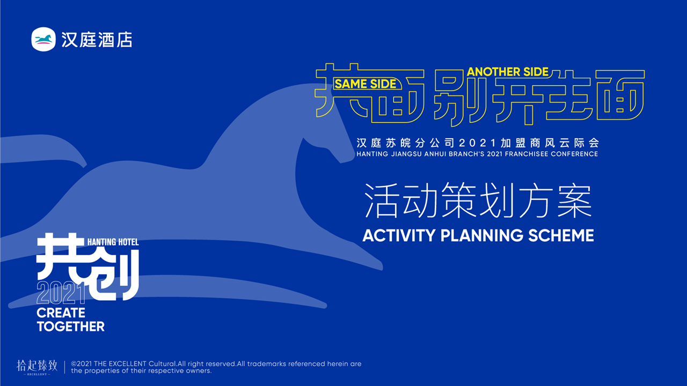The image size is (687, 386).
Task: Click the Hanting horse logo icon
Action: point(43,39)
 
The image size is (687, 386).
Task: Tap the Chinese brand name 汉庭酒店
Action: point(97,40)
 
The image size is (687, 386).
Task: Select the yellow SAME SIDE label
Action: point(366,84)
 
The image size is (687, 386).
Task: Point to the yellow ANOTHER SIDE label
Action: point(508,72)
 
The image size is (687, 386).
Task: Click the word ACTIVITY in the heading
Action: point(399,235)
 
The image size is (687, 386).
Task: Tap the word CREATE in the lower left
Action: point(61,313)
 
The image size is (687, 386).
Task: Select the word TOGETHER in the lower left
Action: point(71,326)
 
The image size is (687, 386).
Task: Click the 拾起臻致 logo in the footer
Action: point(36,367)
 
